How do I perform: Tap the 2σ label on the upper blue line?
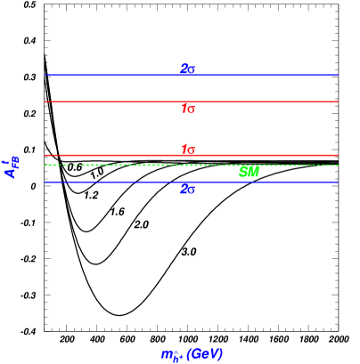[187, 69]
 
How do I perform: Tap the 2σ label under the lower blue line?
[187, 189]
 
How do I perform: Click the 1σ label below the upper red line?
[188, 109]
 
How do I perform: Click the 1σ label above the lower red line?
[188, 150]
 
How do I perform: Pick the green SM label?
[249, 173]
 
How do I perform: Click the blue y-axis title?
[12, 167]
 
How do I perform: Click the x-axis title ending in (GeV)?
[191, 354]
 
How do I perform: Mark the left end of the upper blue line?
[45, 75]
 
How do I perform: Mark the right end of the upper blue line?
[337, 75]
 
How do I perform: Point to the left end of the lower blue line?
[45, 182]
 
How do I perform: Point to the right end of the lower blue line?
[337, 182]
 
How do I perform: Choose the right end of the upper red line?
[337, 101]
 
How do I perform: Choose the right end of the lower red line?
[337, 155]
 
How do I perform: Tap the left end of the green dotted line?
[45, 165]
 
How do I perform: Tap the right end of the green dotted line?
[337, 165]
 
